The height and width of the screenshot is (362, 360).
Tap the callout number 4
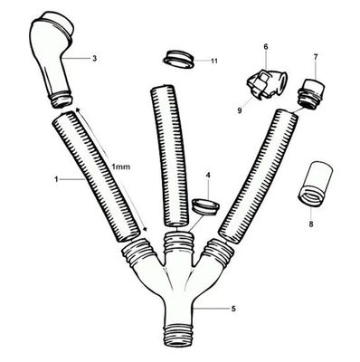click(209, 174)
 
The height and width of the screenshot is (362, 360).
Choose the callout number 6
click(266, 45)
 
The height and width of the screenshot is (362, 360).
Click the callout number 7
click(315, 57)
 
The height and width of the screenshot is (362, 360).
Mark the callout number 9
click(240, 110)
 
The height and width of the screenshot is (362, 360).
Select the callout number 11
click(213, 61)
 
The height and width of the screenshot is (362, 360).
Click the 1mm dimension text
click(124, 168)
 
